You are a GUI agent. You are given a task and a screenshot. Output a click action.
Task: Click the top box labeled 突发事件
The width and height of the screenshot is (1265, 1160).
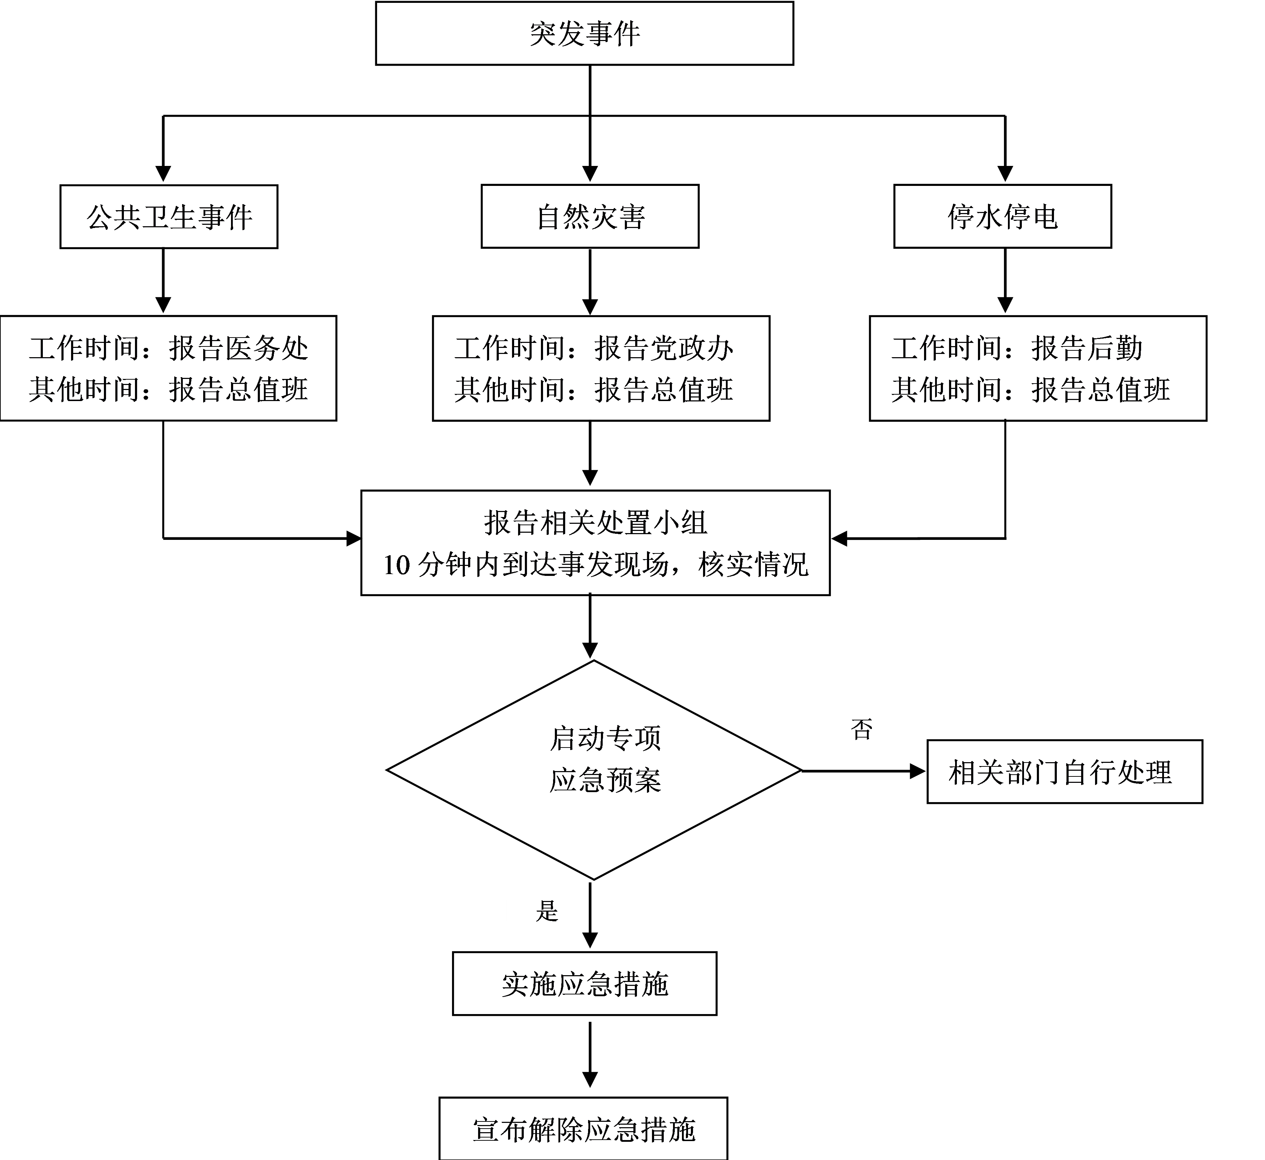tap(584, 33)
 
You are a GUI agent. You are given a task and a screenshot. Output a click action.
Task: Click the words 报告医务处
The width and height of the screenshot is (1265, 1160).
tap(239, 348)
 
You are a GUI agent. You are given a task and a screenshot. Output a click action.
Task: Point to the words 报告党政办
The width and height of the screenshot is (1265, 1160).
tap(664, 348)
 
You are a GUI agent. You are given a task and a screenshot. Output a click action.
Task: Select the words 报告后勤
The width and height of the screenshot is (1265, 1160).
tap(1086, 348)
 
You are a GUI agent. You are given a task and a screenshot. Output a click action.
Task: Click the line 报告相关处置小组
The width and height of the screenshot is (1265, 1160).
tap(596, 523)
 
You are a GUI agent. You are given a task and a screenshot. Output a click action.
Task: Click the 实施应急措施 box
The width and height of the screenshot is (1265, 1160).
tap(584, 984)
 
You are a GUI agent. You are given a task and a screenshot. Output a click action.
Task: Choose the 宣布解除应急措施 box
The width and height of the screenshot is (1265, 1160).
tap(583, 1130)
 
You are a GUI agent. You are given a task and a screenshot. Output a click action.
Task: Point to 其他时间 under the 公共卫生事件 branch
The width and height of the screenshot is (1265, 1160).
tap(84, 390)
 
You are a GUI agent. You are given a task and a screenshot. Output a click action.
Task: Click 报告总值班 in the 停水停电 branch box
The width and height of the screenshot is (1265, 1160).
tap(1100, 390)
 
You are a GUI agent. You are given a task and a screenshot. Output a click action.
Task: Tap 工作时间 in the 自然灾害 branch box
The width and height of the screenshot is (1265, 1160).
tap(509, 348)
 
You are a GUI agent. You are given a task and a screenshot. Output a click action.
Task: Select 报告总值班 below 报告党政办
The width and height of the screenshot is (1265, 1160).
tap(664, 390)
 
